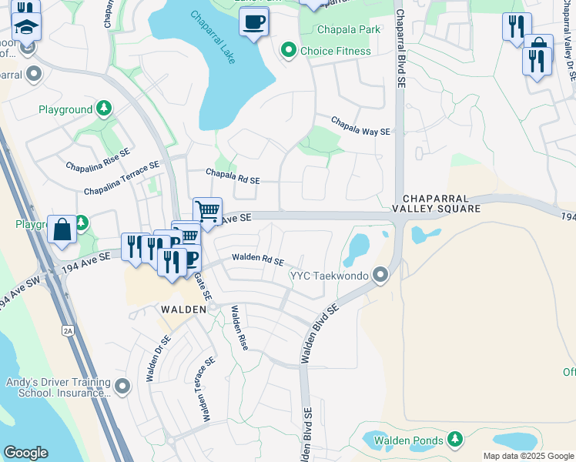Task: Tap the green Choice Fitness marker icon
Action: tap(289, 51)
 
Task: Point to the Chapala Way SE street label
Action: tap(360, 126)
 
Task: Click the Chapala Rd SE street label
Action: tap(232, 176)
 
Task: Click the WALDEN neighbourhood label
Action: tap(183, 309)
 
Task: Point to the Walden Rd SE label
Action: tap(258, 261)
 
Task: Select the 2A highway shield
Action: tap(67, 330)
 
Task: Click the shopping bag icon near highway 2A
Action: tap(62, 229)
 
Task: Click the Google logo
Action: tap(25, 453)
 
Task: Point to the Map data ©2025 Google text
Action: tap(527, 456)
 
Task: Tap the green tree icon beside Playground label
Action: tap(103, 109)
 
